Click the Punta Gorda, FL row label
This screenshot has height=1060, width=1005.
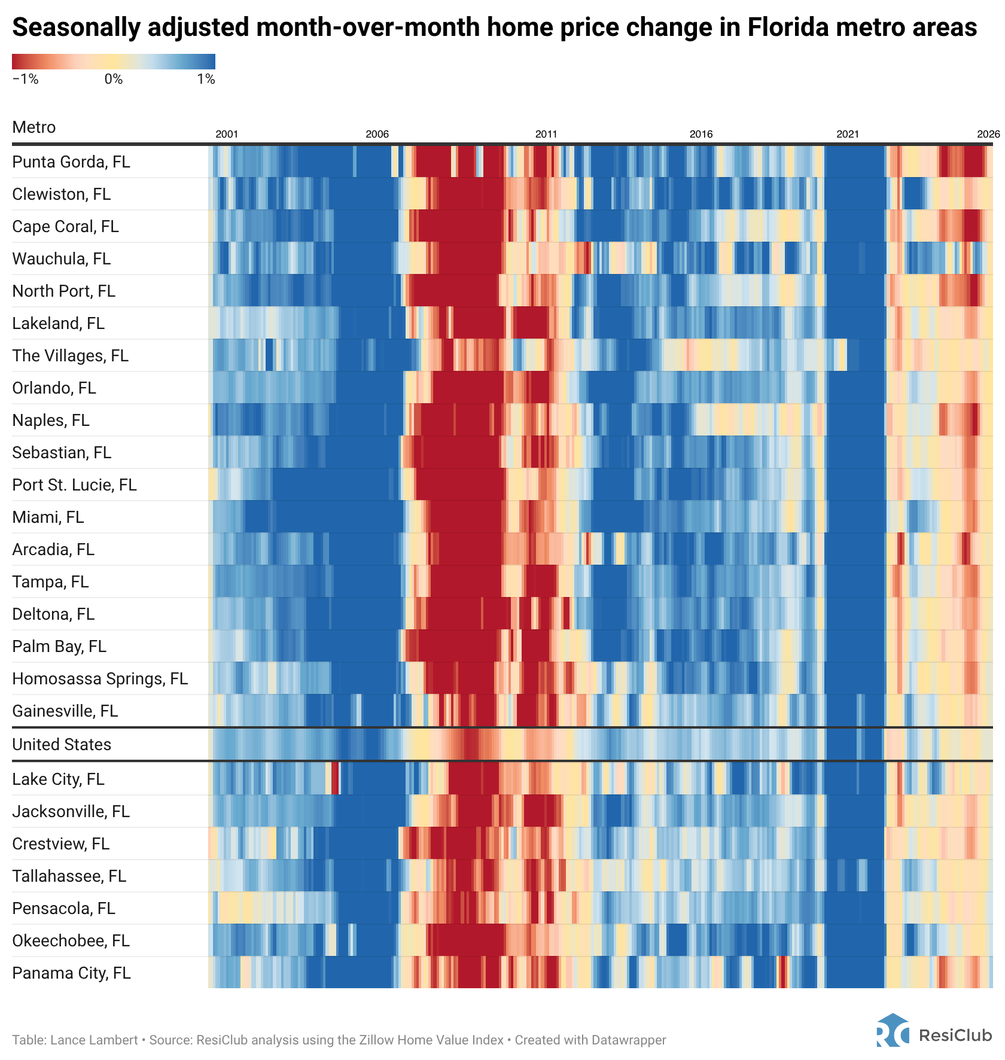(x=71, y=162)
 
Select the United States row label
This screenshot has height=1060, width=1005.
(x=62, y=744)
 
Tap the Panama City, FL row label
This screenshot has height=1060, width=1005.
(x=71, y=973)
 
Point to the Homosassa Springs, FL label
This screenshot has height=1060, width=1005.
(x=100, y=678)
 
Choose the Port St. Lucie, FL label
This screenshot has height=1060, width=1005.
(x=74, y=485)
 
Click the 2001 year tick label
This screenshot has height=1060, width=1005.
(x=227, y=134)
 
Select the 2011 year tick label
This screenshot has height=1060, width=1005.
(x=546, y=134)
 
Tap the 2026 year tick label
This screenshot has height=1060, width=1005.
(x=988, y=134)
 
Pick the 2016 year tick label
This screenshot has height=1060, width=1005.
(x=701, y=134)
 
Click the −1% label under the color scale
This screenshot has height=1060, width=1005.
(x=25, y=80)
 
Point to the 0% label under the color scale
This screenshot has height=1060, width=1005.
(x=114, y=80)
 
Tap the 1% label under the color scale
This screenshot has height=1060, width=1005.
(x=206, y=80)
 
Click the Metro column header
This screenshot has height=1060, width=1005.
(x=34, y=127)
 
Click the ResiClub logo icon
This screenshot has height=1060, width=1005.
(x=893, y=1029)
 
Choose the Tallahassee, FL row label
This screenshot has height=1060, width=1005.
(x=69, y=876)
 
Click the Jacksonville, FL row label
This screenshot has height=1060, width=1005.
(x=71, y=811)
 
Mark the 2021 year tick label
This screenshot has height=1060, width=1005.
(x=848, y=134)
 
